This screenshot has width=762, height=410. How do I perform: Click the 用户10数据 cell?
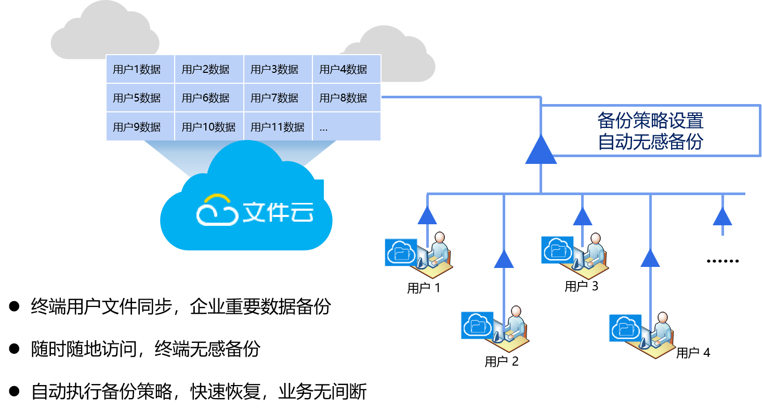click(209, 127)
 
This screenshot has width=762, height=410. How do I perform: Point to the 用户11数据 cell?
click(278, 127)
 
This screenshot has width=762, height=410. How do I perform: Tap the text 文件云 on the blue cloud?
click(278, 212)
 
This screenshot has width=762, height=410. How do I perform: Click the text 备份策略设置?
click(650, 121)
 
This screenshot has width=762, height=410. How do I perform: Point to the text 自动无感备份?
click(650, 142)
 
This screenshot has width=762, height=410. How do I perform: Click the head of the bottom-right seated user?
click(662, 317)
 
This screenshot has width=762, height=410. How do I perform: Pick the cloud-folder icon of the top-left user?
click(401, 252)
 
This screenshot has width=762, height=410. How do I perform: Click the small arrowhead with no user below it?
click(722, 216)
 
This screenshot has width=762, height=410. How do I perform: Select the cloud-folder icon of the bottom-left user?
click(477, 325)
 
